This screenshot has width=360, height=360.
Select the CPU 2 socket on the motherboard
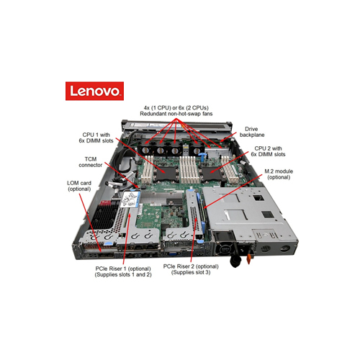coord(214,170)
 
